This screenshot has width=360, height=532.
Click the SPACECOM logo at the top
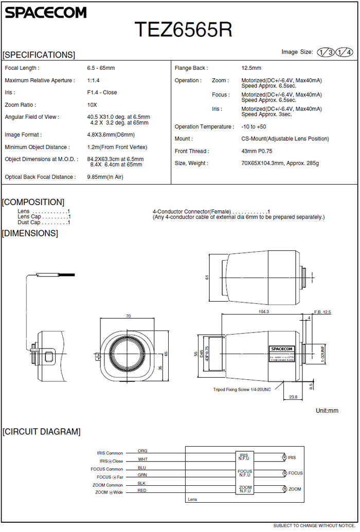coord(46,12)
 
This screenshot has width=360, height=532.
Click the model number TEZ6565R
coord(183,30)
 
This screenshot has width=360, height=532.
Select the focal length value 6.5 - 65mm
coord(101,68)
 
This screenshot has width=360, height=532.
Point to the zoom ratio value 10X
coord(92,105)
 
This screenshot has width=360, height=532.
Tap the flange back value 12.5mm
coord(251,68)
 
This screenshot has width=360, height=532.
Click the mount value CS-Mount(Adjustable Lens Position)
coord(285,139)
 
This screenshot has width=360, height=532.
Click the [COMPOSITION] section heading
coord(33,202)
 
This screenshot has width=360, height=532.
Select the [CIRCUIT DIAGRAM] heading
coord(42,432)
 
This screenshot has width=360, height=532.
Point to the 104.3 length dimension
coord(264,311)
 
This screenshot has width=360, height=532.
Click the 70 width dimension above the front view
coord(128,316)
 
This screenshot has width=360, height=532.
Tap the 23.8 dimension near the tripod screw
coord(293,396)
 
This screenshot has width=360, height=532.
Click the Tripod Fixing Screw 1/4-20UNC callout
coord(242,390)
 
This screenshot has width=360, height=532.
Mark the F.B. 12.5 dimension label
coord(322,312)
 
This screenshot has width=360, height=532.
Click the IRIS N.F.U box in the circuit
coord(244,456)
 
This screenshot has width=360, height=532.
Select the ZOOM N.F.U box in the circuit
coord(245,489)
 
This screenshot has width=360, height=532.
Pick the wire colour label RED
coord(142,491)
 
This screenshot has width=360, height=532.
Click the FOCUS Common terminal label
coord(107,469)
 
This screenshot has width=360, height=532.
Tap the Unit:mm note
coord(327,411)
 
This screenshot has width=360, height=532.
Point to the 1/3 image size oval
coord(325,52)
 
